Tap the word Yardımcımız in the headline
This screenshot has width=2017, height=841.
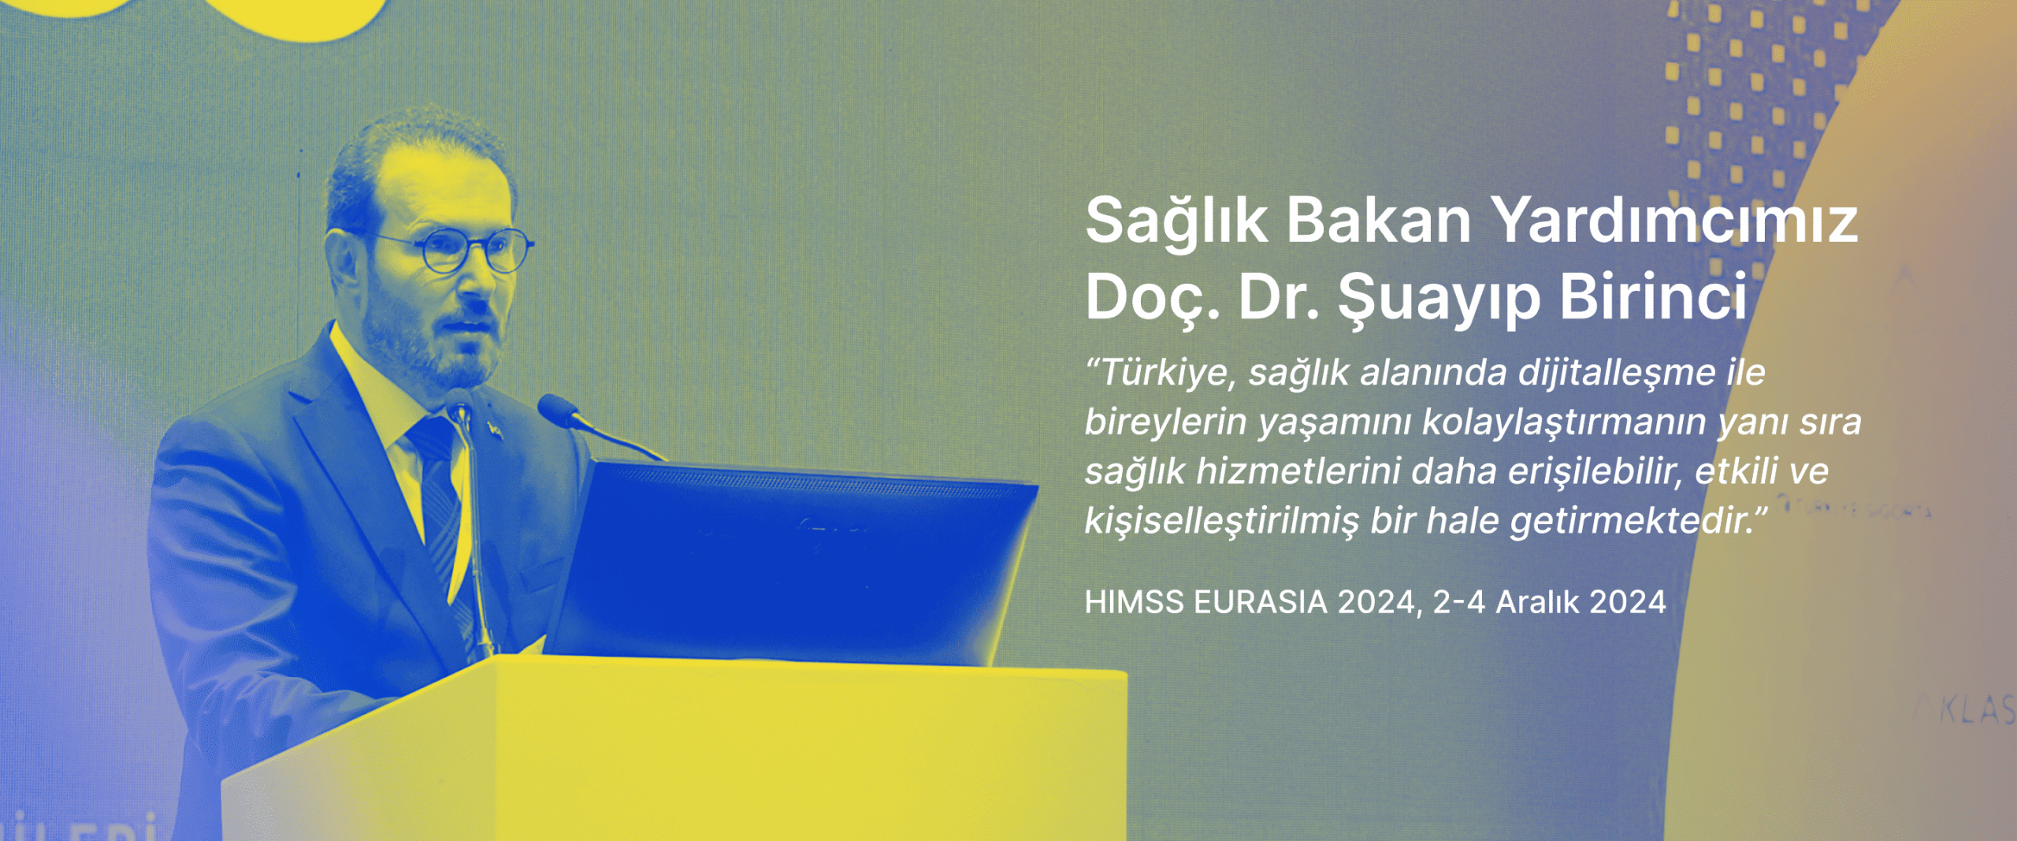point(1676,221)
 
